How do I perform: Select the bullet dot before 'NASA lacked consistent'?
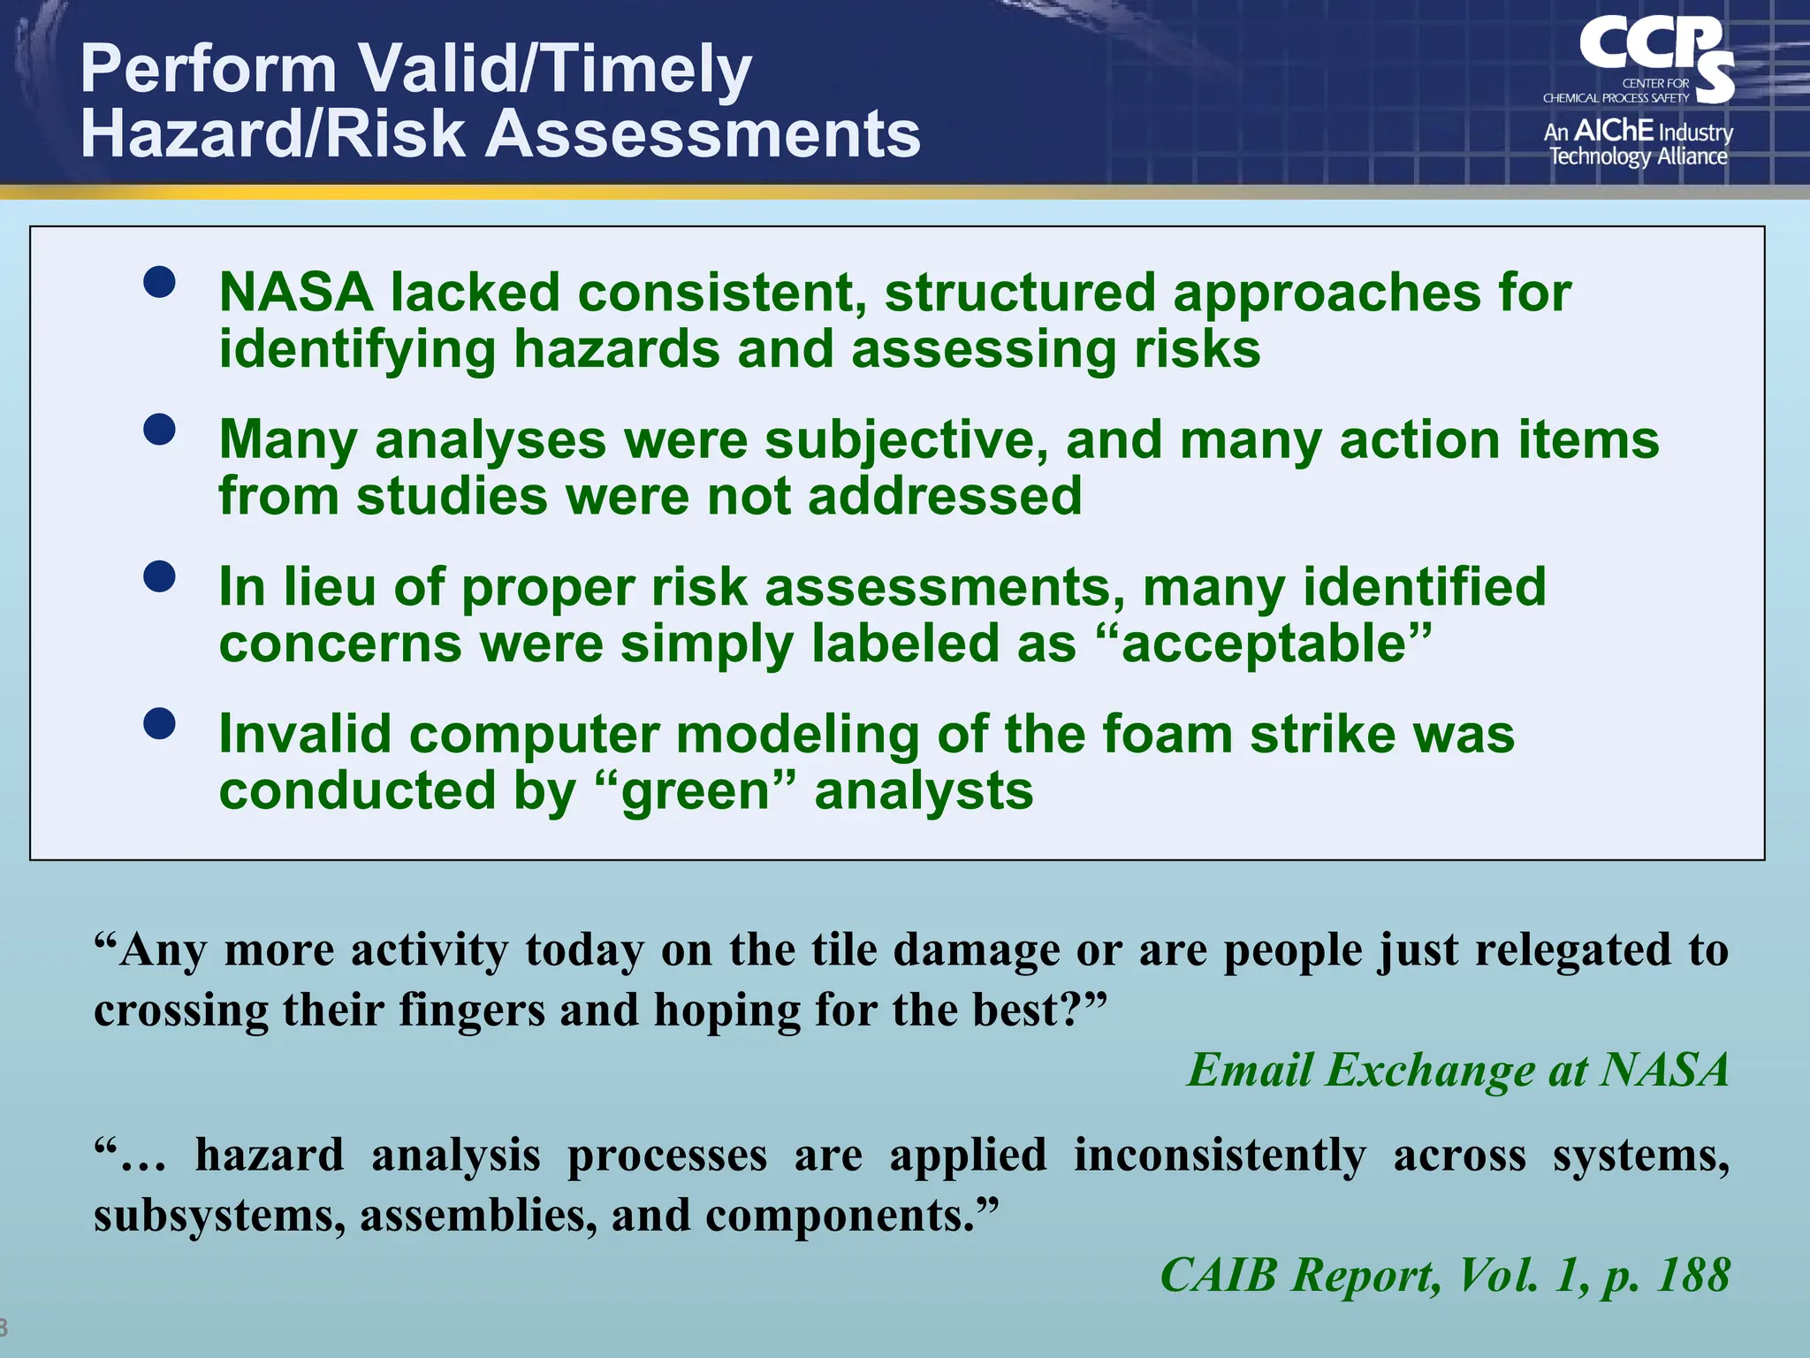(159, 282)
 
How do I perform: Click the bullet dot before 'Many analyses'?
(159, 430)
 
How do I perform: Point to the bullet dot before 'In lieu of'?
(159, 577)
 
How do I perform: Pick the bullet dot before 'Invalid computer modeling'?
(159, 724)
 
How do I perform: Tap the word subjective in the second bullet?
(906, 439)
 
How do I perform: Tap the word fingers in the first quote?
(471, 1009)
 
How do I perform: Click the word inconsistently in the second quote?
(1219, 1155)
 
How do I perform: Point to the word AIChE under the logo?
(1613, 131)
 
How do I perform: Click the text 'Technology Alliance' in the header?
(1638, 156)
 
